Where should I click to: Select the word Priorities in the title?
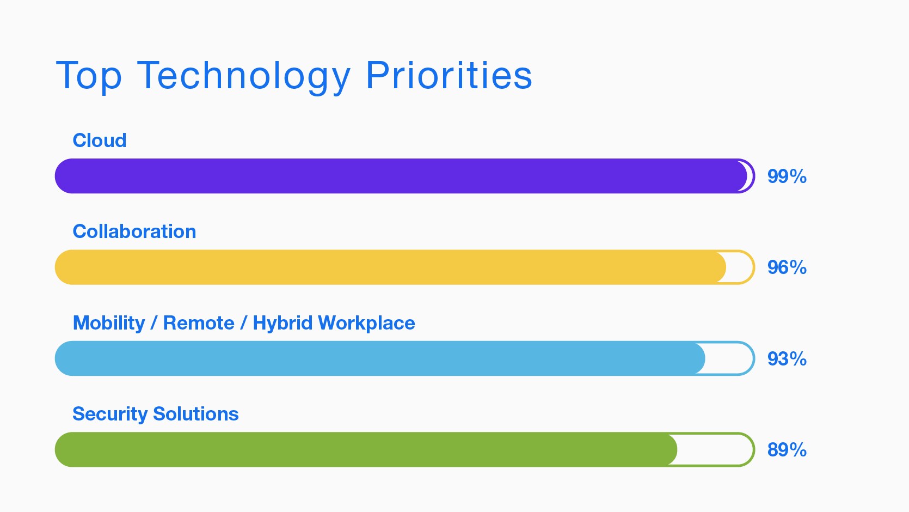pos(449,75)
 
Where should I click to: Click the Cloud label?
pos(100,141)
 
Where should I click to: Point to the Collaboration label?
pos(134,231)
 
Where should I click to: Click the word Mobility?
pos(109,324)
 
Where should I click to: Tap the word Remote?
pos(199,323)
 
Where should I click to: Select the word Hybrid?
pos(283,324)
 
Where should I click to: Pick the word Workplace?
pos(367,324)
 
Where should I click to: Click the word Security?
pos(110,415)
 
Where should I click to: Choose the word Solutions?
pos(195,414)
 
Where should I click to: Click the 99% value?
pos(787,176)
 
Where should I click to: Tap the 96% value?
pos(787,267)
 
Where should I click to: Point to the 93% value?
pos(787,359)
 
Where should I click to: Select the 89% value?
pos(787,450)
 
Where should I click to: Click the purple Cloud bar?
pos(401,176)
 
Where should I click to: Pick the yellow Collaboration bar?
pos(390,267)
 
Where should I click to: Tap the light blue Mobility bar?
pos(380,358)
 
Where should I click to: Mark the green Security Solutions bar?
pos(366,449)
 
